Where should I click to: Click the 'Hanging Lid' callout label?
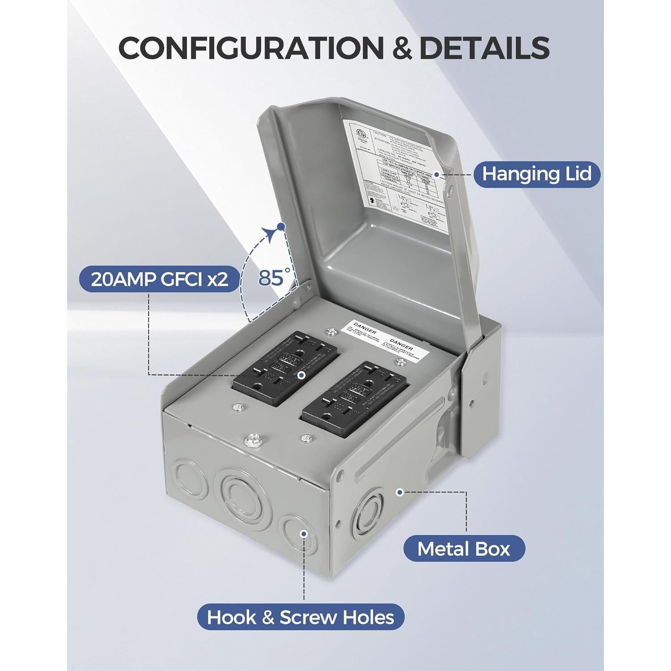tap(536, 174)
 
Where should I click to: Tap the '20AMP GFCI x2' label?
tap(159, 279)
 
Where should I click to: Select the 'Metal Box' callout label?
tap(464, 548)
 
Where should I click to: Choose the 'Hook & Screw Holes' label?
tap(301, 617)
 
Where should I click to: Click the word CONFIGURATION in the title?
tap(251, 47)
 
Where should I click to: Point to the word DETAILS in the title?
tap(484, 47)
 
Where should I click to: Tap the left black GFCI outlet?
tap(285, 368)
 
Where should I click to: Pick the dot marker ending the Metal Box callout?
tap(400, 492)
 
